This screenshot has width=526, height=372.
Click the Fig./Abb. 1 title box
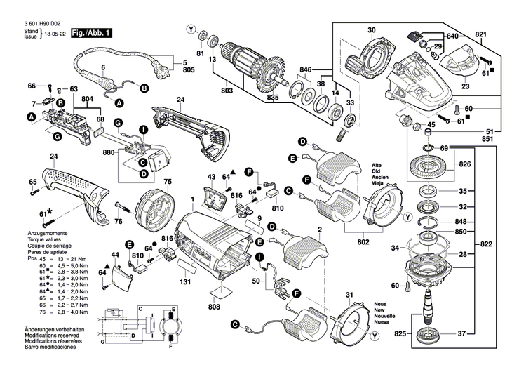[x=91, y=33]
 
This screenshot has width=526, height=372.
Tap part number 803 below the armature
[x=227, y=91]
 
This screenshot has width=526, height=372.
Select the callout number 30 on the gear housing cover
[x=371, y=30]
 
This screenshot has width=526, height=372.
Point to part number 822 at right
[x=486, y=244]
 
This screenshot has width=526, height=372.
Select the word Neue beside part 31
[x=379, y=304]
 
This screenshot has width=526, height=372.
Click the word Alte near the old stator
[x=377, y=165]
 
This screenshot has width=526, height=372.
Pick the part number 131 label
[x=185, y=282]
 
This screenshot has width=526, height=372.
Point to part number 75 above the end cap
[x=168, y=182]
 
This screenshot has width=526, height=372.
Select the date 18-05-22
[x=57, y=34]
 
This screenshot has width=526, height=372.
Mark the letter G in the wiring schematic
[x=102, y=342]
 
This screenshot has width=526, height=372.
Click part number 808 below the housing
[x=214, y=307]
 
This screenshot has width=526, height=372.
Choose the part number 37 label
[x=462, y=333]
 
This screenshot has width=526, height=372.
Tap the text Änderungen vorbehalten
[x=54, y=330]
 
